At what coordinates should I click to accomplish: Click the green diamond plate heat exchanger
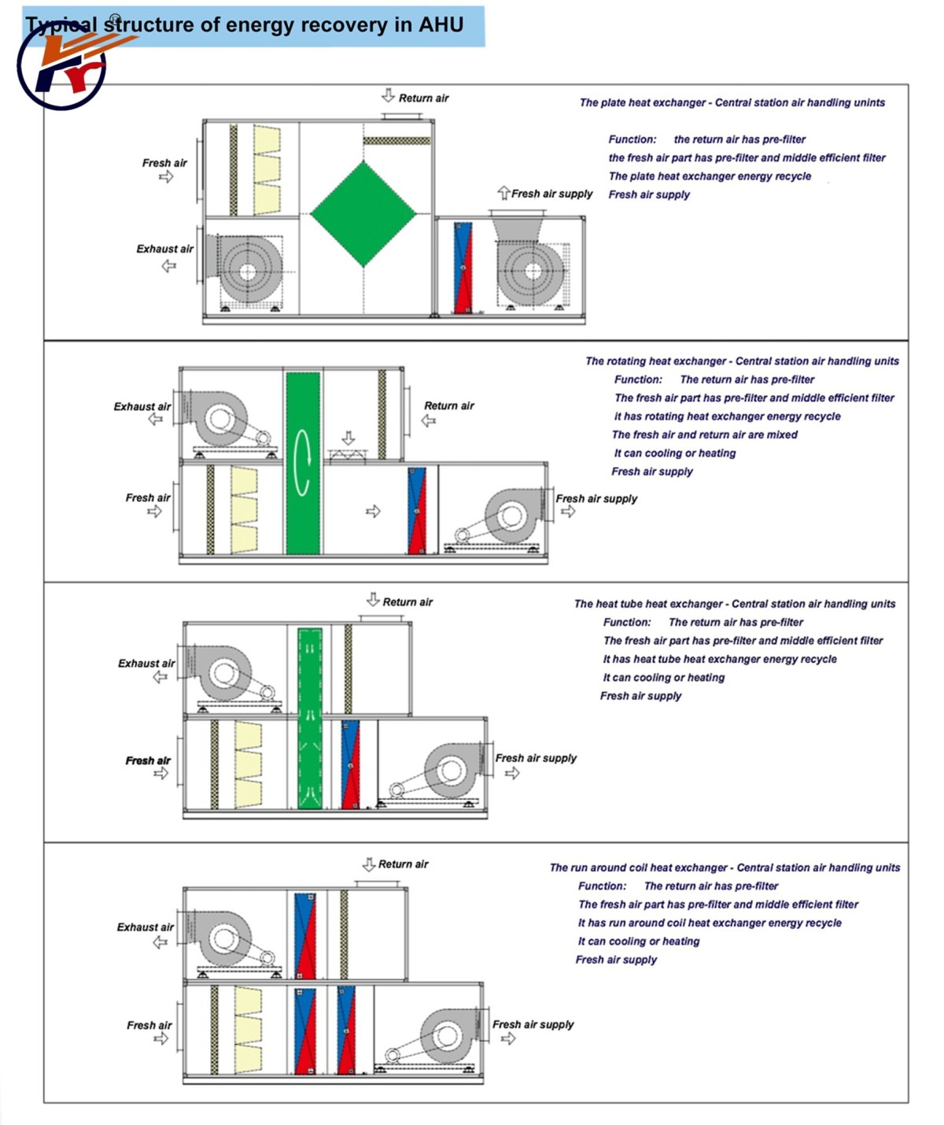point(363,214)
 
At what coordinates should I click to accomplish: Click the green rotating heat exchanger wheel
point(303,463)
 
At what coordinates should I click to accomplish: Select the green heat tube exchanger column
point(310,718)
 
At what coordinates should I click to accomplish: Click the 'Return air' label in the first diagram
point(423,98)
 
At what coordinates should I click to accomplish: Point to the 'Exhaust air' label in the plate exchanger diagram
point(164,249)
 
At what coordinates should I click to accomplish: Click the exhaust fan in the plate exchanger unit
point(248,271)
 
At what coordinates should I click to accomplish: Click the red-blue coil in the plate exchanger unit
point(463,268)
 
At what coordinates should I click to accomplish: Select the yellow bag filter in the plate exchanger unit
point(267,170)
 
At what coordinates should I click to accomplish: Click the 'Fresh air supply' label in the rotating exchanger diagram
point(596,498)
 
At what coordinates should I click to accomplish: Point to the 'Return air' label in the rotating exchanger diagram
point(448,406)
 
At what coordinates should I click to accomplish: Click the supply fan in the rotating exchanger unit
point(510,518)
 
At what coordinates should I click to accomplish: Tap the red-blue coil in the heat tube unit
point(350,764)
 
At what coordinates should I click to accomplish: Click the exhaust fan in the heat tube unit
point(223,674)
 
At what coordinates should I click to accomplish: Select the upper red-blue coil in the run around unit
point(304,935)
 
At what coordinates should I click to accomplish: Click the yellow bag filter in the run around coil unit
point(249,1029)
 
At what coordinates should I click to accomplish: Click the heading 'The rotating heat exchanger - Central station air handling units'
point(741,361)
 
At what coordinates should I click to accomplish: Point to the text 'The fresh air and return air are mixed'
point(704,435)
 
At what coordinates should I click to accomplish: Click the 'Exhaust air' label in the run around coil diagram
point(145,927)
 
